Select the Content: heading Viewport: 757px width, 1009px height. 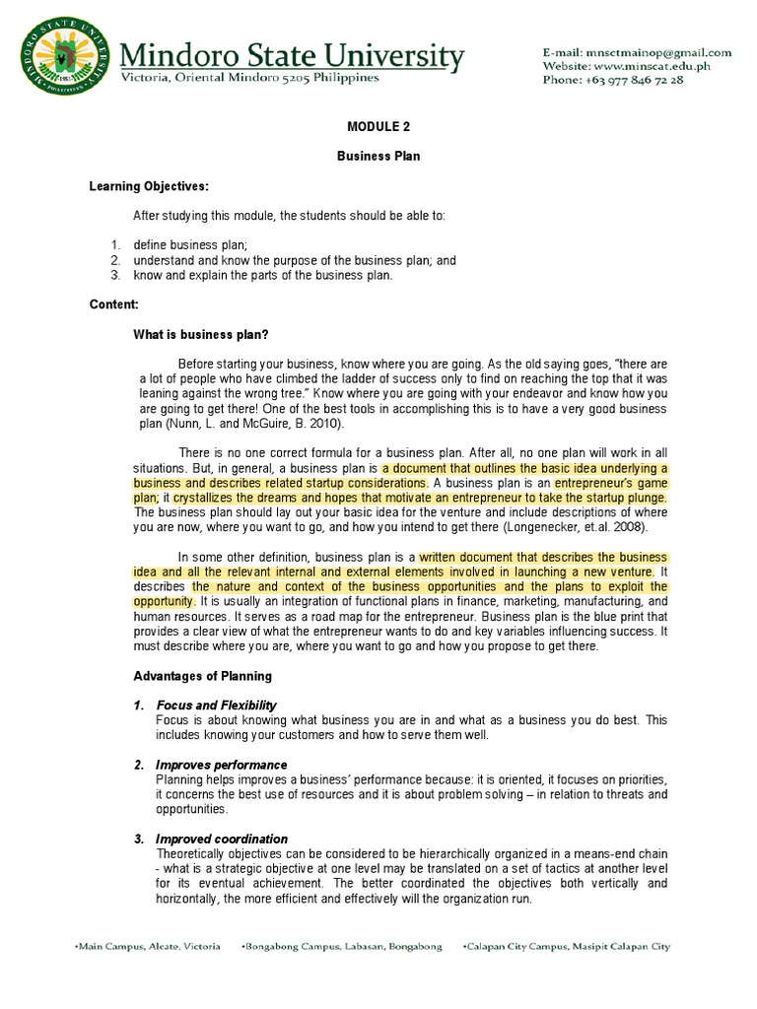coord(113,305)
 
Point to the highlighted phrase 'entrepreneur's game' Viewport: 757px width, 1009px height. coord(610,484)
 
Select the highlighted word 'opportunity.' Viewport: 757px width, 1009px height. coord(164,600)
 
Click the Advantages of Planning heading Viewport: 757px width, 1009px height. coord(202,676)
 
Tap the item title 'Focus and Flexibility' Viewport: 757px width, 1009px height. coord(216,706)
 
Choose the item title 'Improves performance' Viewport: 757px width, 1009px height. coord(221,765)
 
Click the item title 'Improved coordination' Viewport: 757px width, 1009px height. coord(222,839)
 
